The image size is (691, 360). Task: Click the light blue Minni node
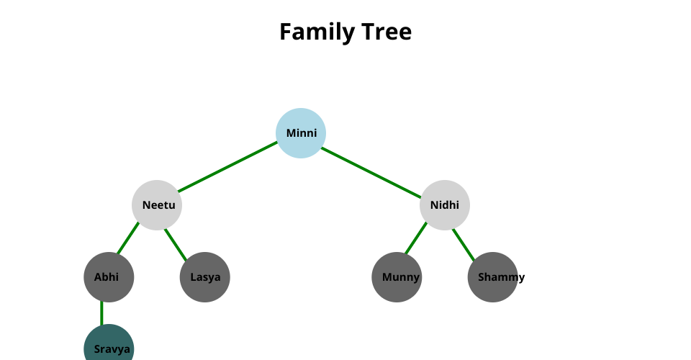(301, 133)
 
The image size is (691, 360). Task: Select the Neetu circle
(157, 205)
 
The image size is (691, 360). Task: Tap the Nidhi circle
(445, 205)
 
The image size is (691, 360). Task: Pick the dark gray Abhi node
(109, 277)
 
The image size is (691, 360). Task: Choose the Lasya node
(205, 277)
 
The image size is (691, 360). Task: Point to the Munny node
(397, 277)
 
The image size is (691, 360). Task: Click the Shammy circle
(493, 277)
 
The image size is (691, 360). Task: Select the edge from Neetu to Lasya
(176, 243)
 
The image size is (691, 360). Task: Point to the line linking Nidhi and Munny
(416, 238)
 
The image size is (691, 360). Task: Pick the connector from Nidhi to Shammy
(464, 243)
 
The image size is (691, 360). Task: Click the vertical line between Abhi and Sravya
(101, 313)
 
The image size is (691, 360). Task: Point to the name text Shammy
(502, 277)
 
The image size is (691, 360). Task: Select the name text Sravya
(112, 350)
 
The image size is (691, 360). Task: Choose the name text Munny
(401, 277)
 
